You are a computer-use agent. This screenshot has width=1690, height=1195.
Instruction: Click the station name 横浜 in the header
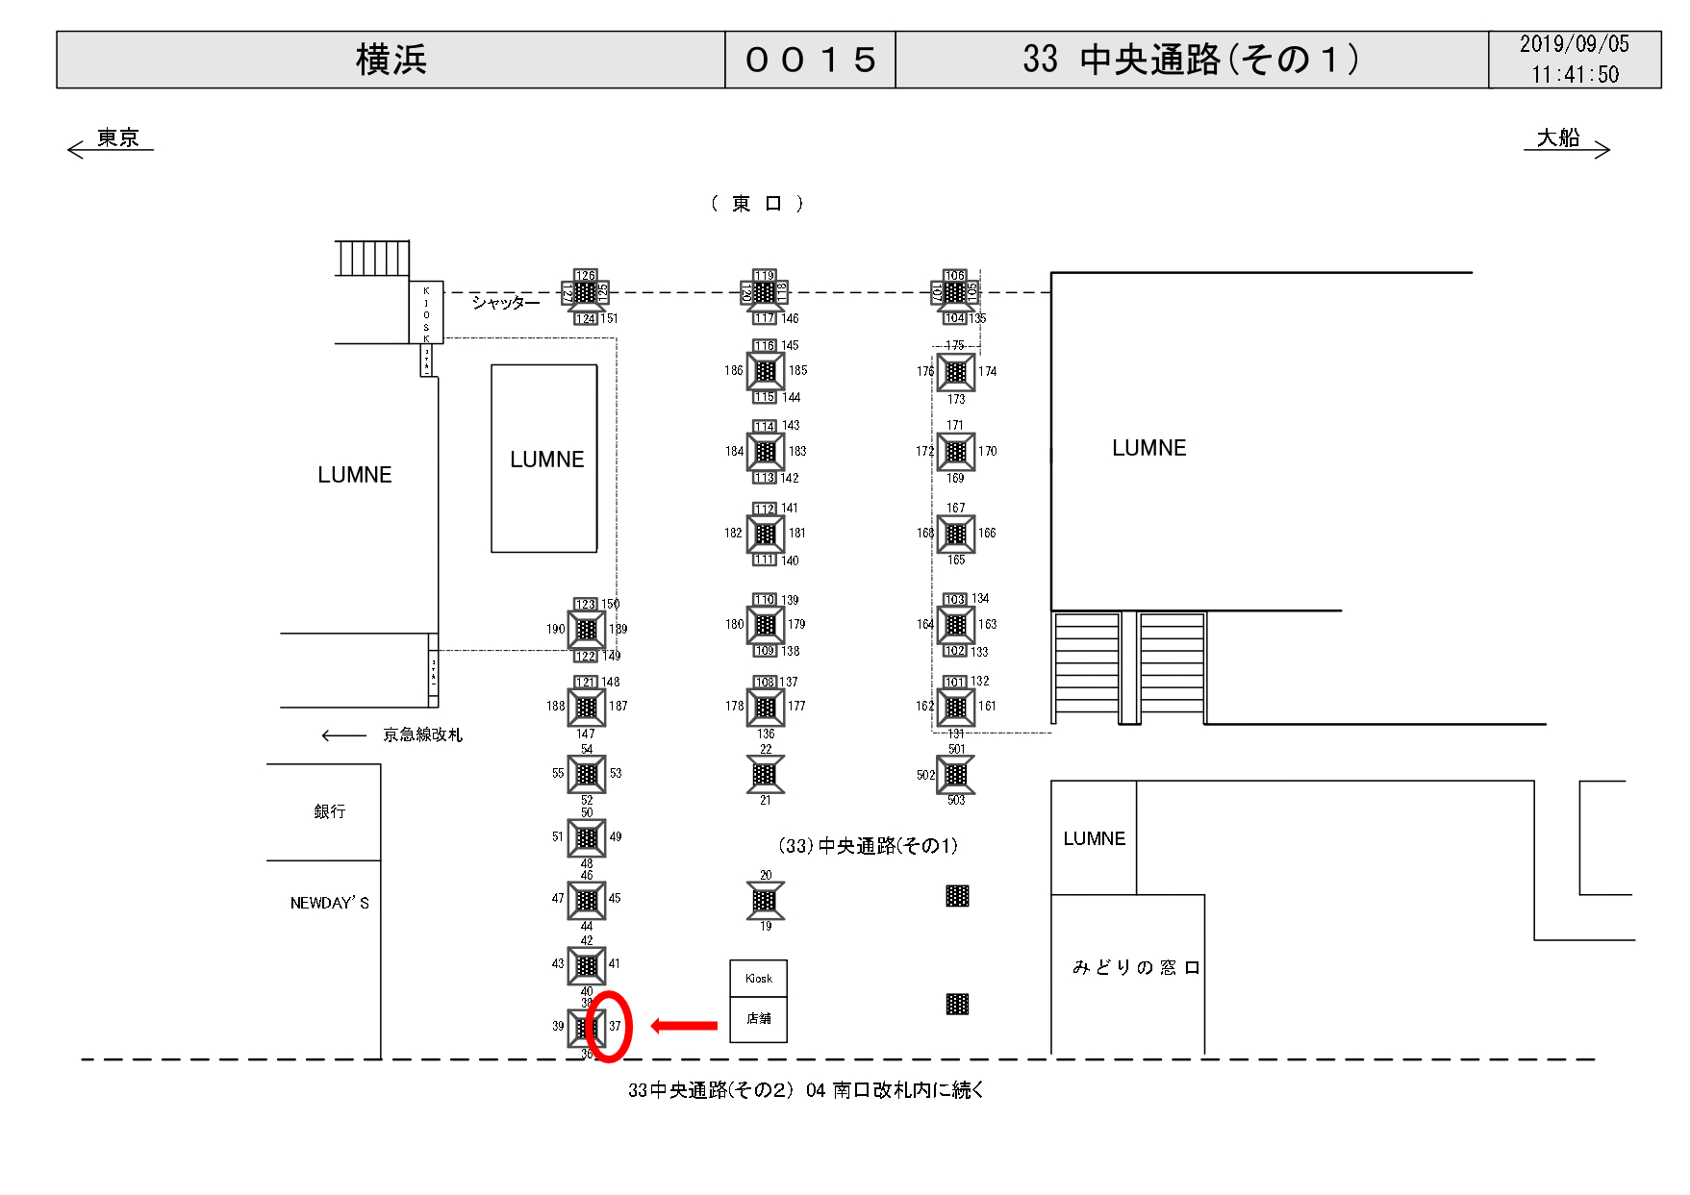point(391,60)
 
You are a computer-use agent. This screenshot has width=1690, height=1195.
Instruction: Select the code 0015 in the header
point(810,60)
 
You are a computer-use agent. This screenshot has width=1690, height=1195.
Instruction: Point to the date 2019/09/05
point(1574,44)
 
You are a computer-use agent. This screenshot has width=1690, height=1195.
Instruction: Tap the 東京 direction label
point(117,138)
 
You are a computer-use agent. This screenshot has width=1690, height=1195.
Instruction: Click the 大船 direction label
point(1558,138)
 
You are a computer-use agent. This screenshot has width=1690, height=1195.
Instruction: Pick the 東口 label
point(757,204)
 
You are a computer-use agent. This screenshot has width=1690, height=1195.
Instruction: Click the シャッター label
point(505,303)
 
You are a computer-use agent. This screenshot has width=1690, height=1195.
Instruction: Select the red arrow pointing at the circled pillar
point(684,1026)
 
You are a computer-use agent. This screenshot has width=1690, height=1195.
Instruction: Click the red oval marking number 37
point(609,1027)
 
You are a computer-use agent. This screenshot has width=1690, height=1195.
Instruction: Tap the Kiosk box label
point(758,979)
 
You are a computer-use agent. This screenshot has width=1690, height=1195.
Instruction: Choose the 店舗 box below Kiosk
point(758,1019)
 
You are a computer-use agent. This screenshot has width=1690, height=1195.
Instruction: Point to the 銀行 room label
point(329,811)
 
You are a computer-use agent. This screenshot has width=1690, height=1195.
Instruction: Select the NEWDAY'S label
point(329,903)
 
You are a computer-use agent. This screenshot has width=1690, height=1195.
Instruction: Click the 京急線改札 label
point(422,735)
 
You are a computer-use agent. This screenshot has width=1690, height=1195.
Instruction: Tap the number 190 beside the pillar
point(555,630)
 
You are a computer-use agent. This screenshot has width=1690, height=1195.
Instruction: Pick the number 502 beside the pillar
point(924,775)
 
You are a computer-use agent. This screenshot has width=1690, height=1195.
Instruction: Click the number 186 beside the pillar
point(733,370)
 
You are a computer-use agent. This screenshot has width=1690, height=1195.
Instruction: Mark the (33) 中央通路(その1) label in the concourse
point(868,846)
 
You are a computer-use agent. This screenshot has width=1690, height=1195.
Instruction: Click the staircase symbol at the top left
point(372,259)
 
